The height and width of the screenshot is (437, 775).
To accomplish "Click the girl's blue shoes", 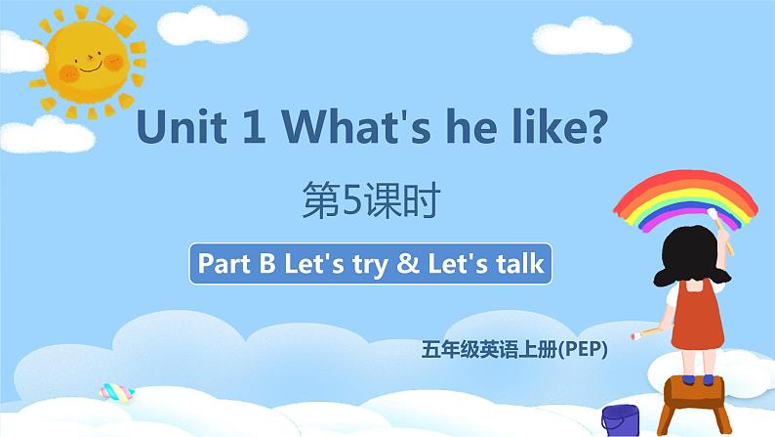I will pos(694,369).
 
